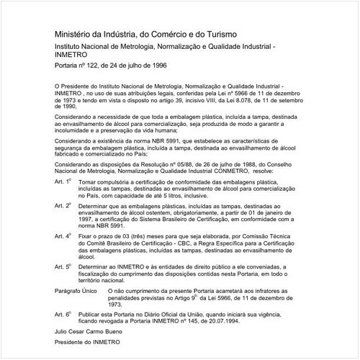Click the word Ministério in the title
pos(74,34)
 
